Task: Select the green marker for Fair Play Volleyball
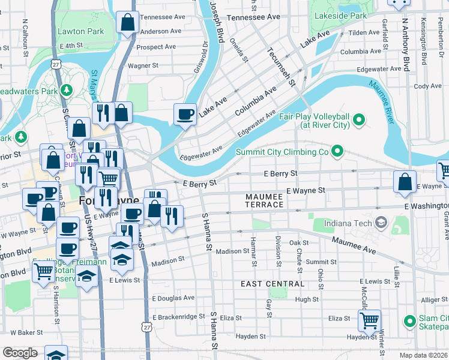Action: [360, 121]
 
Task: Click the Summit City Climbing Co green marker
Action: [337, 152]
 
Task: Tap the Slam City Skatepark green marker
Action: [410, 321]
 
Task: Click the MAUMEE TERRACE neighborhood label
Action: [264, 200]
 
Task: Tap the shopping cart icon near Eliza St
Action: [369, 320]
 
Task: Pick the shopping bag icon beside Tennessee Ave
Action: [127, 24]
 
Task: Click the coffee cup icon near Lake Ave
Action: [185, 113]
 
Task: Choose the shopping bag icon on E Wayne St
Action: [405, 182]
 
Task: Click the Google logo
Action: [20, 353]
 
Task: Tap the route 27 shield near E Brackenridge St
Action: [147, 327]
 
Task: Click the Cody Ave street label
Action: [427, 86]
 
